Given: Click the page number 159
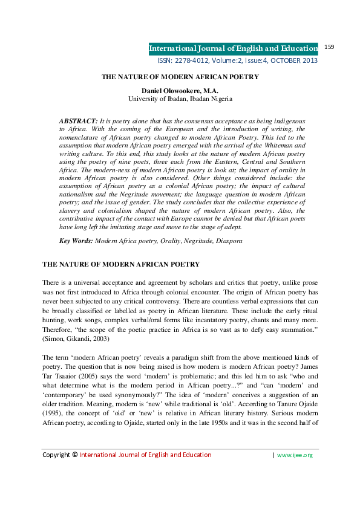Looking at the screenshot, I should click(x=330, y=47).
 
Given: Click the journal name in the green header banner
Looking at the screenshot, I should click(x=234, y=48).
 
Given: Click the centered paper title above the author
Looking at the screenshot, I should click(x=180, y=77).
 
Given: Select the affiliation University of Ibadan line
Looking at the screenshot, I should click(x=180, y=99).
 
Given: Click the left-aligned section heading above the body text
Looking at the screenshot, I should click(x=120, y=265).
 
